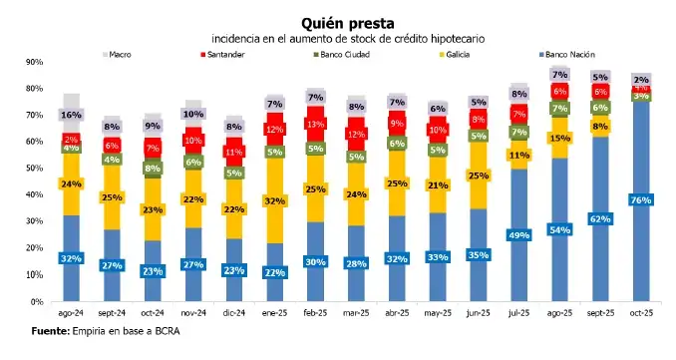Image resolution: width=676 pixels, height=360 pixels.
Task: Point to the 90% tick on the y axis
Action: tap(36, 62)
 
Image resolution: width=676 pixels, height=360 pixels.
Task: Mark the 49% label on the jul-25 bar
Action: tap(517, 235)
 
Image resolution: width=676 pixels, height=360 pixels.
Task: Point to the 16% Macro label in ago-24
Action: tap(71, 116)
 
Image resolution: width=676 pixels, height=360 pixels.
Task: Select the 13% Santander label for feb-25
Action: tap(315, 125)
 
